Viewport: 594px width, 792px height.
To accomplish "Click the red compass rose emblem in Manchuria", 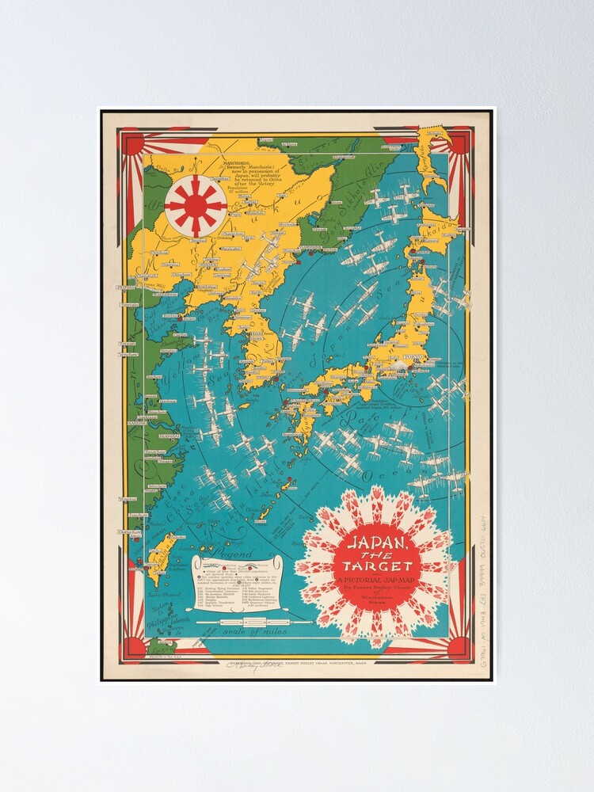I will tap(196, 204).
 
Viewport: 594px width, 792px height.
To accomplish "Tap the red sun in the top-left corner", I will tap(131, 143).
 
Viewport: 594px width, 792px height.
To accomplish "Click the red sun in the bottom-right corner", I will tap(459, 648).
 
